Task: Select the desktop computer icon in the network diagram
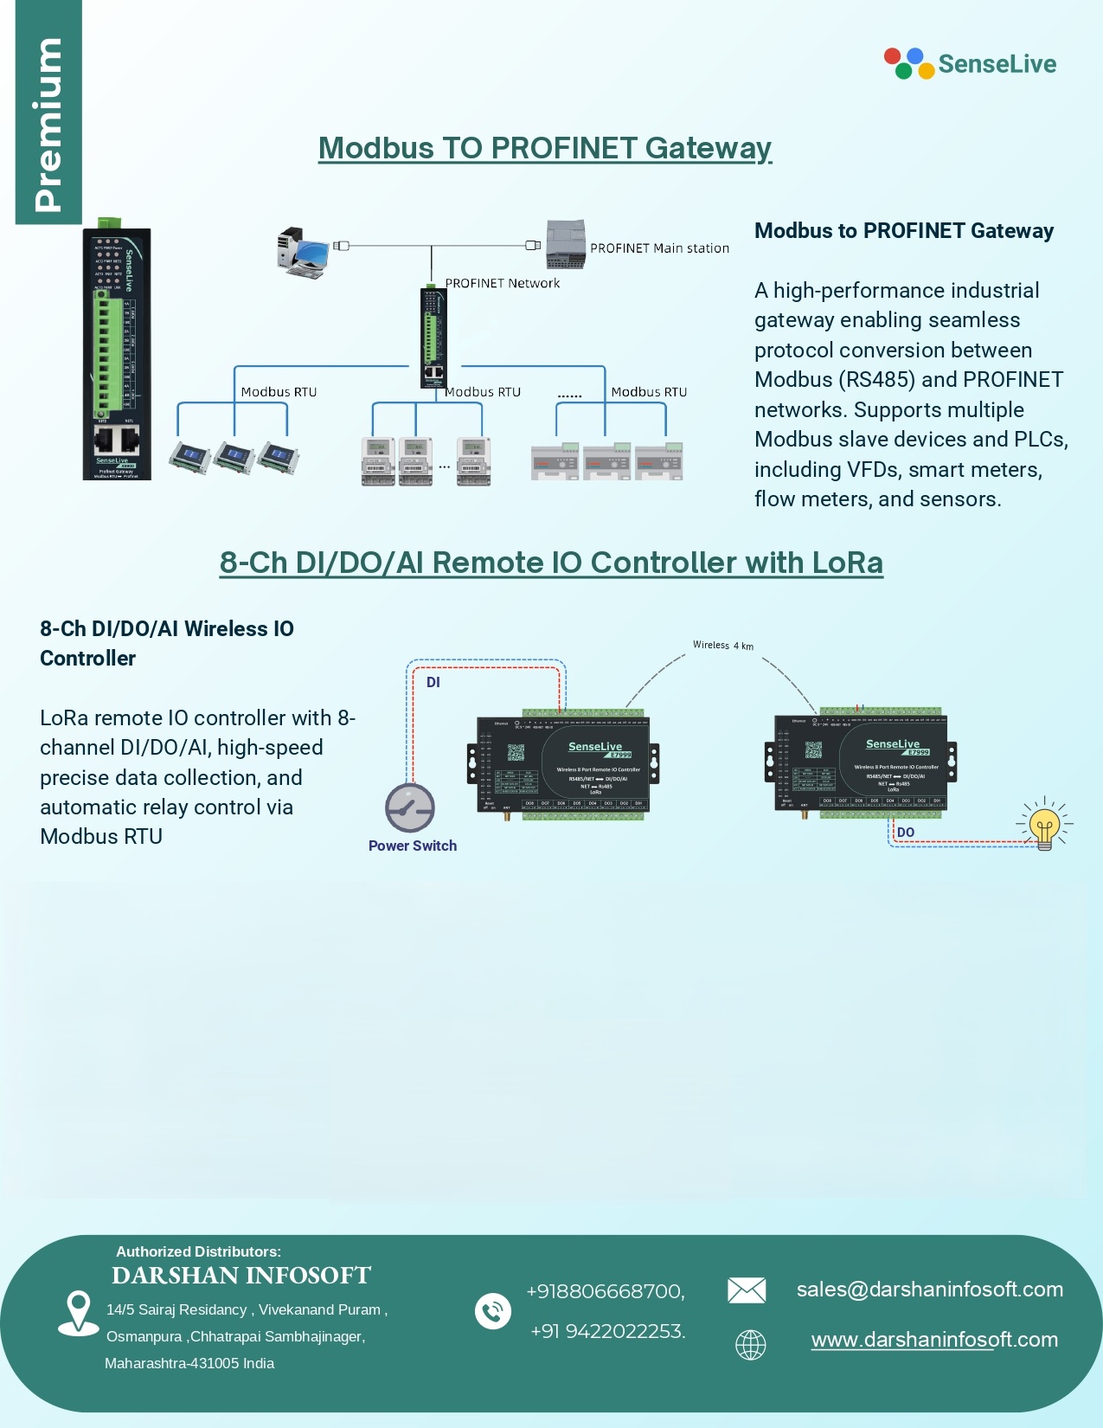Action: pyautogui.click(x=303, y=252)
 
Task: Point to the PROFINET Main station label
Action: pyautogui.click(x=659, y=248)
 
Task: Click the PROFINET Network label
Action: pyautogui.click(x=503, y=283)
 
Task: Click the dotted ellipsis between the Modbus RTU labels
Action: pyautogui.click(x=569, y=396)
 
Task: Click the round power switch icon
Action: pyautogui.click(x=410, y=807)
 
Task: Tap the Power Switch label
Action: pyautogui.click(x=413, y=846)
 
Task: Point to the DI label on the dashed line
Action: pyautogui.click(x=433, y=682)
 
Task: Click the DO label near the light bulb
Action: pyautogui.click(x=906, y=833)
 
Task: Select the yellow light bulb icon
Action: pyautogui.click(x=1044, y=826)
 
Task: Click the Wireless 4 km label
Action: pyautogui.click(x=722, y=645)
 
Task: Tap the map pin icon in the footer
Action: pyautogui.click(x=78, y=1312)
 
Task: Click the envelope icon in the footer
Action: pyautogui.click(x=747, y=1290)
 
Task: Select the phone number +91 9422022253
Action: pyautogui.click(x=608, y=1331)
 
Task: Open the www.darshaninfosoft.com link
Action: pyautogui.click(x=934, y=1340)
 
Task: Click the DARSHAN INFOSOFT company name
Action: pyautogui.click(x=241, y=1276)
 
